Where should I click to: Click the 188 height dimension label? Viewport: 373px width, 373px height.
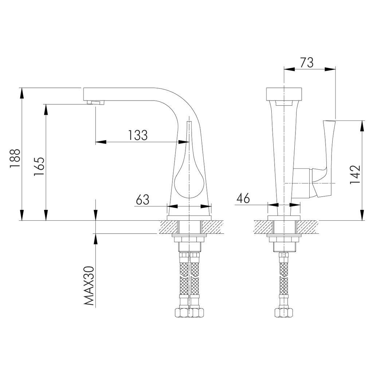(15, 158)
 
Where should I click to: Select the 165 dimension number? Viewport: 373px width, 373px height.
(39, 166)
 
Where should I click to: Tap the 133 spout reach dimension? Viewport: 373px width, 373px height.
(138, 135)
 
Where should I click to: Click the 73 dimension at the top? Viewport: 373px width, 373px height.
(307, 62)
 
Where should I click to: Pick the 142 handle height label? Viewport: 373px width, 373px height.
(355, 174)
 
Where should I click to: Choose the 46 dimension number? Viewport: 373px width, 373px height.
(243, 199)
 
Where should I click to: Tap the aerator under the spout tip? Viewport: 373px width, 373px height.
(96, 102)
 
